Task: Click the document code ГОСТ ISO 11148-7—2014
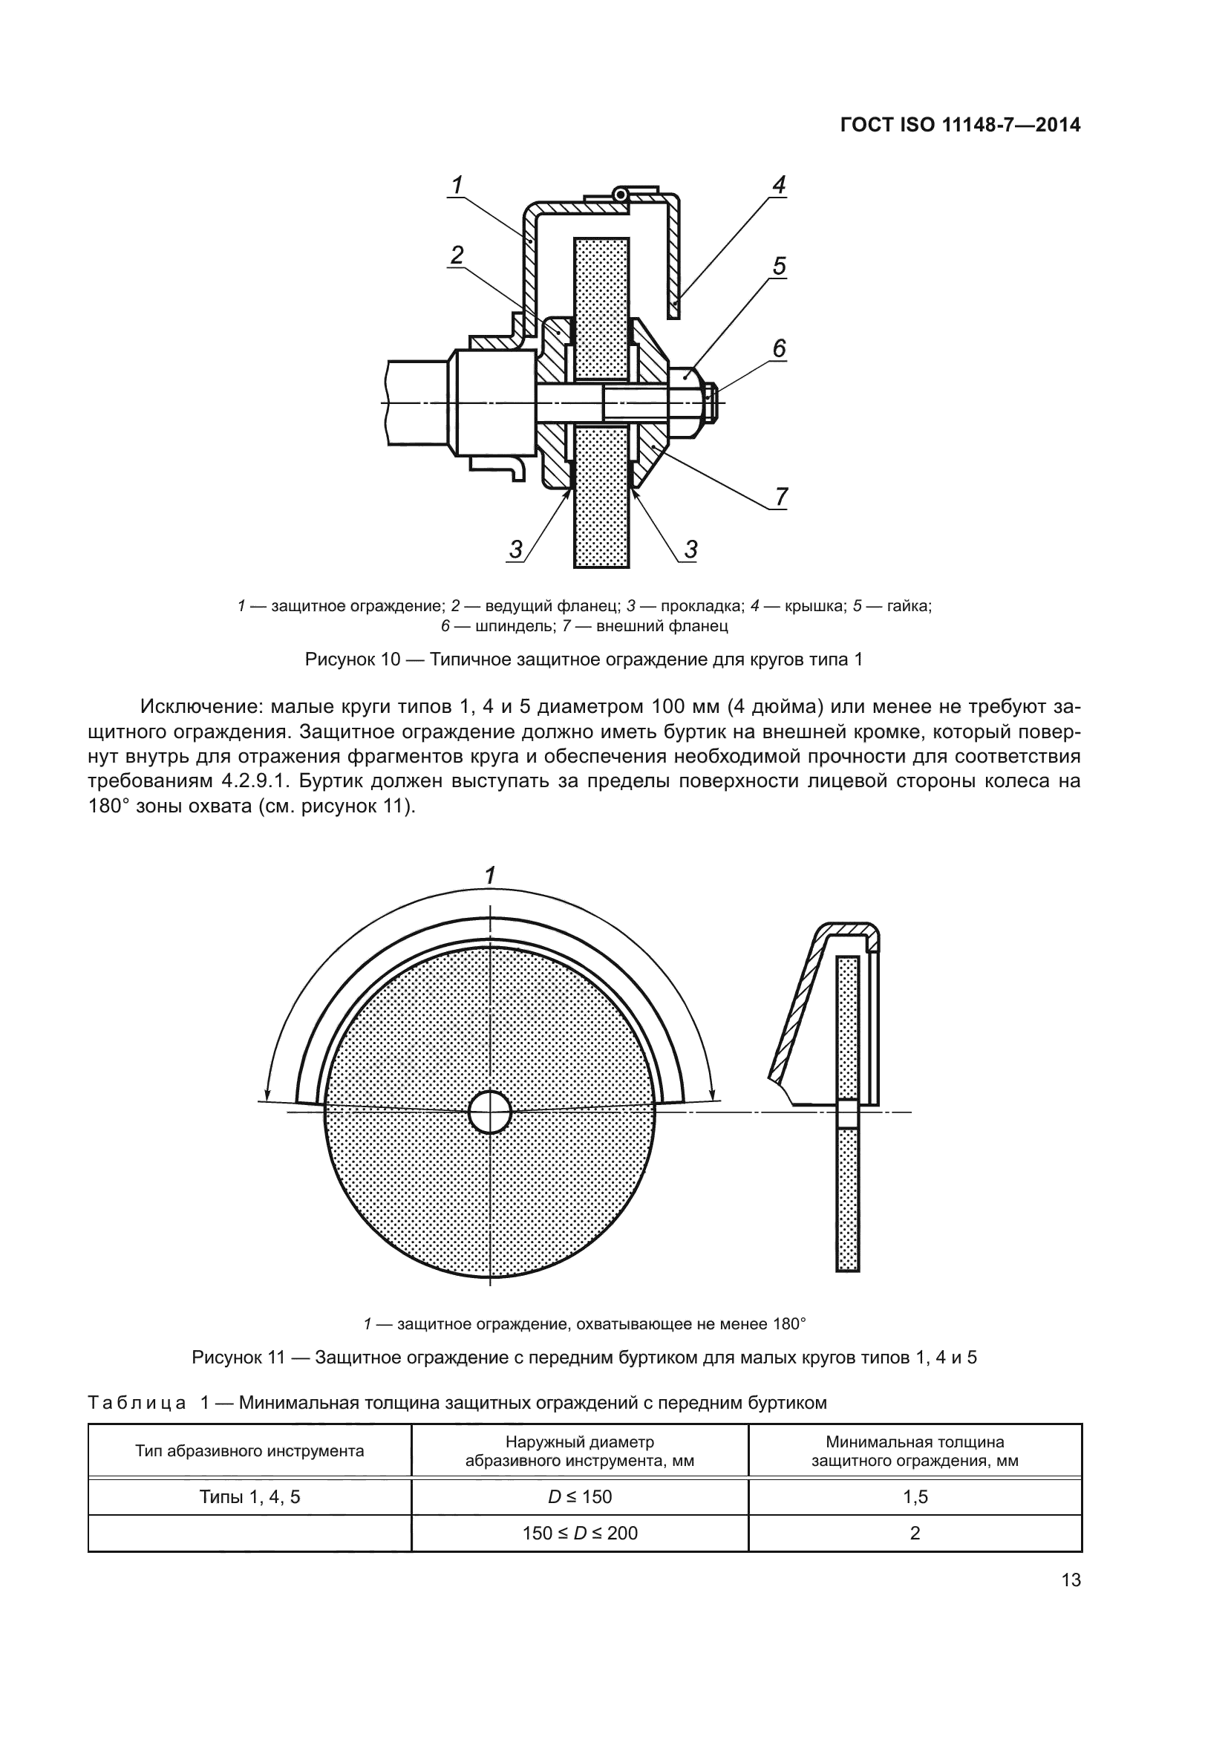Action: point(960,125)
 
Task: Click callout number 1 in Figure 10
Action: point(457,184)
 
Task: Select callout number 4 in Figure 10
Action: point(779,184)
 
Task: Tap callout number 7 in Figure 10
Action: point(781,496)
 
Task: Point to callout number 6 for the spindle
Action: point(780,348)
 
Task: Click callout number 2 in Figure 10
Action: point(457,255)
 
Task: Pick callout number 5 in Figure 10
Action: point(780,266)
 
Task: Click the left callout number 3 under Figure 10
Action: point(516,550)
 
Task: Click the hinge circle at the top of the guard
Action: point(621,195)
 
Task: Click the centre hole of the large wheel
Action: point(490,1112)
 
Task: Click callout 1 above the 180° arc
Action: point(490,876)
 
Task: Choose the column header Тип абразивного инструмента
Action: point(249,1451)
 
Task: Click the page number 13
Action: point(1071,1580)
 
